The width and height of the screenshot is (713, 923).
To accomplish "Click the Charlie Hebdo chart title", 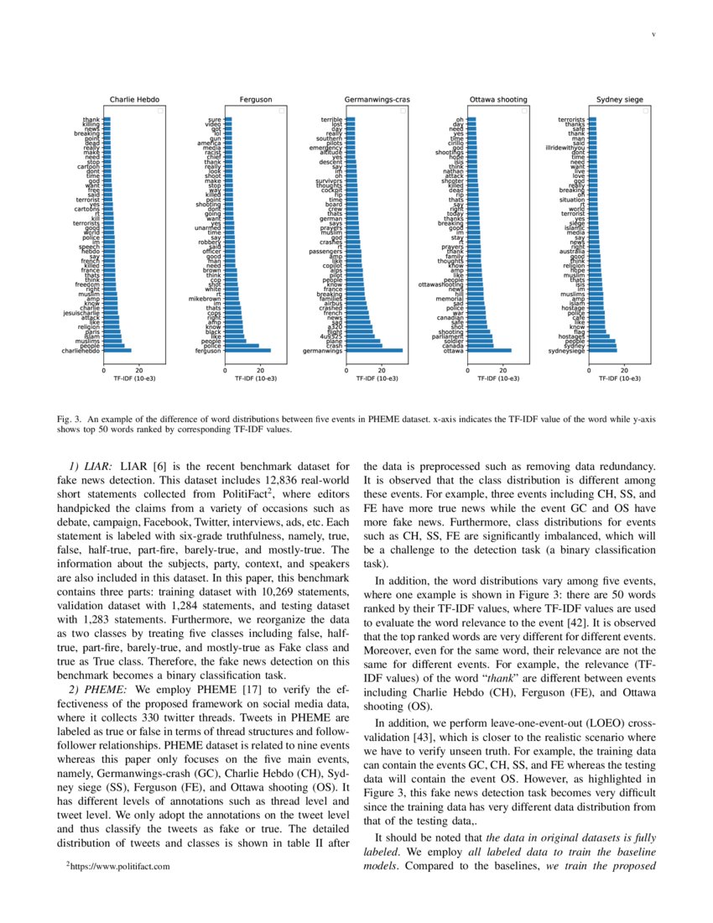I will (134, 100).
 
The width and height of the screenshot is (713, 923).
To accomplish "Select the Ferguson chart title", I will (255, 100).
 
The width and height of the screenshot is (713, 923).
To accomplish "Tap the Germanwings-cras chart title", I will (376, 100).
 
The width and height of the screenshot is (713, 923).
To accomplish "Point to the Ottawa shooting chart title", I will (498, 100).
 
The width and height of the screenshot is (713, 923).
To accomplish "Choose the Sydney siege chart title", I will (619, 100).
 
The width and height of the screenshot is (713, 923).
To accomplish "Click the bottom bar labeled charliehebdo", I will (117, 351).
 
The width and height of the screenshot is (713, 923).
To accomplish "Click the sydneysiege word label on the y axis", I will (566, 351).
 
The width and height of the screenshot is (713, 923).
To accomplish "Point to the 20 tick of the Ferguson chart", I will (259, 369).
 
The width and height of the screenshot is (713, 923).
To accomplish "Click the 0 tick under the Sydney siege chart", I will (589, 369).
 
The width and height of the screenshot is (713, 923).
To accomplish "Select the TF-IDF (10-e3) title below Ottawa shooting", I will (498, 379).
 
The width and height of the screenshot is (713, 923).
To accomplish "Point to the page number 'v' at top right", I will (654, 34).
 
